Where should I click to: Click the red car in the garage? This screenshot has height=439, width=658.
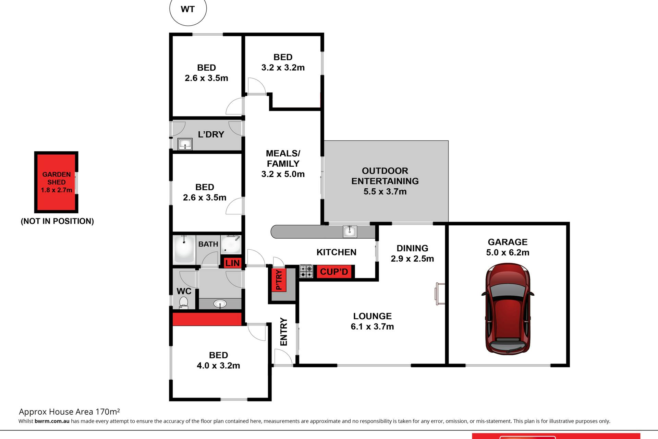click(508, 309)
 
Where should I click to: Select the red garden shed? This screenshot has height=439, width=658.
click(56, 182)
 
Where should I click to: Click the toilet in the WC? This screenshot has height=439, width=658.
click(184, 302)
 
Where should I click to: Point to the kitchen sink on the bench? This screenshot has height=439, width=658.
click(350, 231)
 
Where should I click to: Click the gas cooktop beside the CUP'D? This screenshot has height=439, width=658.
click(306, 271)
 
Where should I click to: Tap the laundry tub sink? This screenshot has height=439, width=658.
click(185, 144)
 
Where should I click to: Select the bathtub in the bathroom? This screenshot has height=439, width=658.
click(184, 249)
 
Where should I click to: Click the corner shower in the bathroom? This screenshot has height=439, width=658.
click(231, 244)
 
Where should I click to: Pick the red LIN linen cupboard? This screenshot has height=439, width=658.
click(232, 263)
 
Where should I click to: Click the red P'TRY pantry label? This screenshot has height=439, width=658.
click(279, 280)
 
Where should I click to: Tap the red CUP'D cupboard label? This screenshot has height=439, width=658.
click(334, 272)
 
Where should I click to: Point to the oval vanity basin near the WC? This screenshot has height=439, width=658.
click(220, 304)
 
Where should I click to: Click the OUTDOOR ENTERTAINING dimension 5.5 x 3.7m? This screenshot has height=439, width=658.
click(385, 191)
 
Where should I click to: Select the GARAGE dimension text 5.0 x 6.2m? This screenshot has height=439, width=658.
click(508, 252)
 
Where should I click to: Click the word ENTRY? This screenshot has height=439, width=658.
click(284, 332)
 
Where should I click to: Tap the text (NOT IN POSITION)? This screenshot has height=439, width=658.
click(57, 221)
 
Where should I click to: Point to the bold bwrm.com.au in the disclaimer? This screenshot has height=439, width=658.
click(52, 421)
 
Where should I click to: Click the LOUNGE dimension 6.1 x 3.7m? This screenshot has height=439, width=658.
click(372, 327)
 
